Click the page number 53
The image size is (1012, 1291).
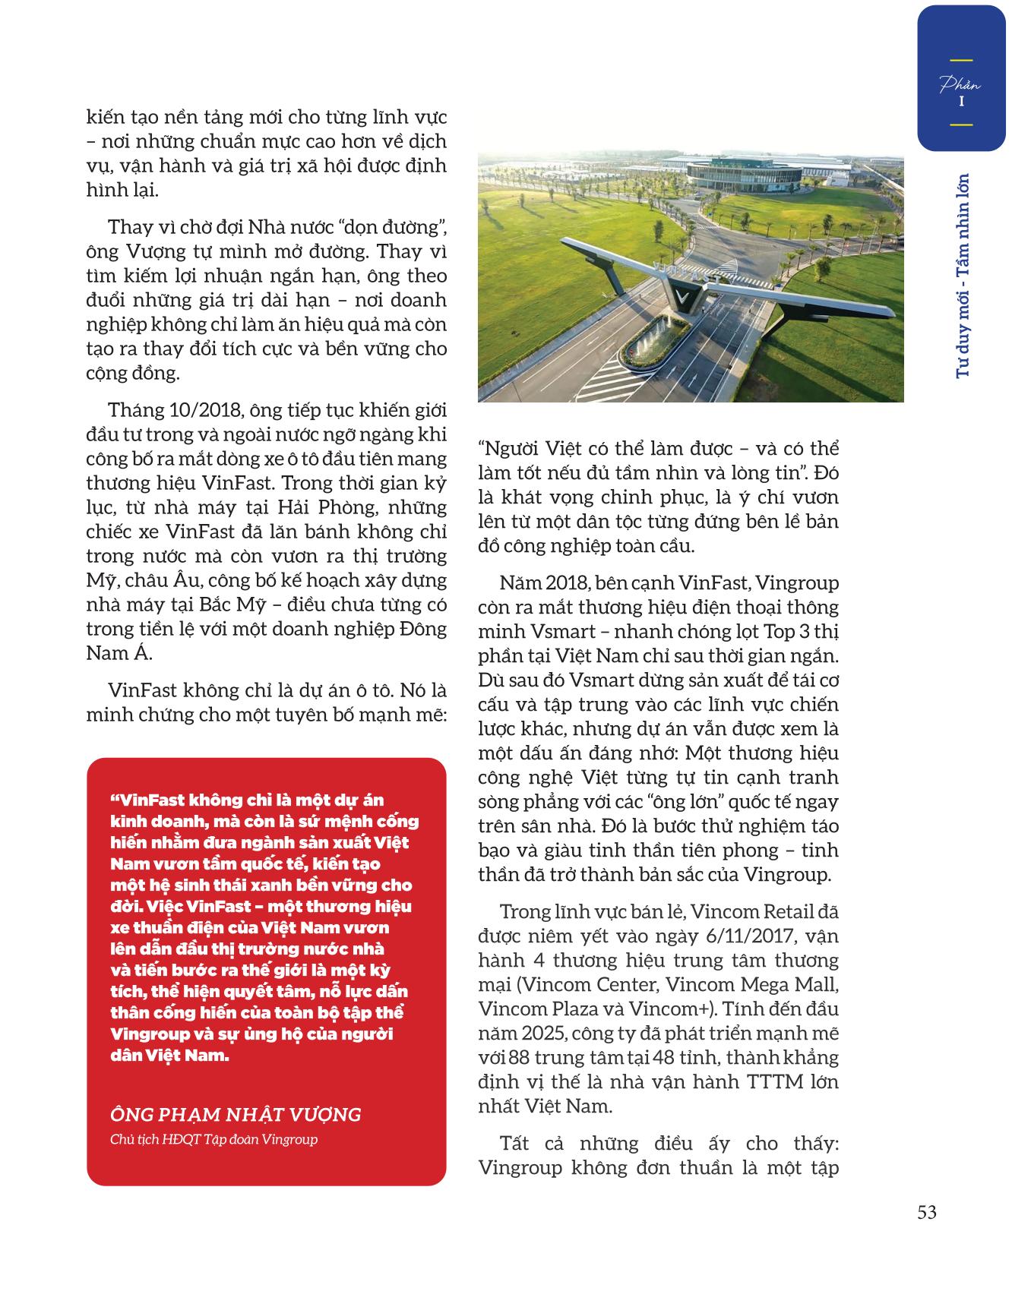(x=926, y=1212)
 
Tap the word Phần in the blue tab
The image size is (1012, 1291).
(x=960, y=83)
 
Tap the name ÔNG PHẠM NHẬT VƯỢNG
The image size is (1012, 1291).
(x=236, y=1115)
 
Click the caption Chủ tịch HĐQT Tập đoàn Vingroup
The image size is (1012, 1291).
(x=213, y=1140)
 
